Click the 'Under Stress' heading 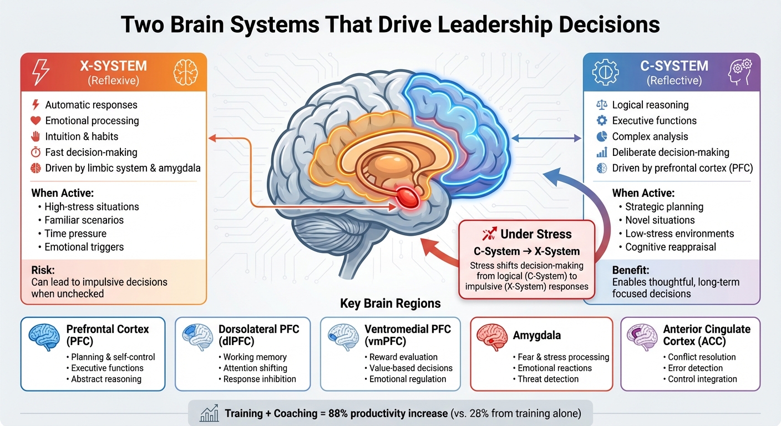[536, 234]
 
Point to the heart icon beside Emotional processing [35, 120]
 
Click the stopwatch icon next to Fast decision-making [35, 152]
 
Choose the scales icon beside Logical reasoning [601, 105]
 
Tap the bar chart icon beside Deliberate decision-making [601, 152]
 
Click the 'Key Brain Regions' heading [390, 303]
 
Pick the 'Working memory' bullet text [255, 357]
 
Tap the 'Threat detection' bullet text [547, 379]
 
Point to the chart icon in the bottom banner [209, 413]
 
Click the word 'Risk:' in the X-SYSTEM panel [43, 270]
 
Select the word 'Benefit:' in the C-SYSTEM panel [631, 270]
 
